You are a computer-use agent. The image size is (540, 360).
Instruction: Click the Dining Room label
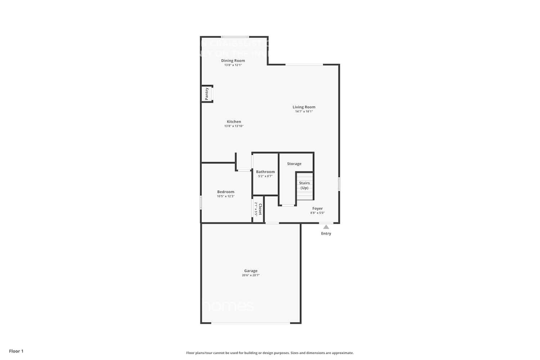pyautogui.click(x=233, y=60)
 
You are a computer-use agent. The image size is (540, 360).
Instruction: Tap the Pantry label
pyautogui.click(x=207, y=94)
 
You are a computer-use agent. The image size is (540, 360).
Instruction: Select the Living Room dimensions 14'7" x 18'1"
pyautogui.click(x=304, y=112)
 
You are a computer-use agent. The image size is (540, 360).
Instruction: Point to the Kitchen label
pyautogui.click(x=234, y=122)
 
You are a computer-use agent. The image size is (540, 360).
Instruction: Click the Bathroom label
pyautogui.click(x=265, y=172)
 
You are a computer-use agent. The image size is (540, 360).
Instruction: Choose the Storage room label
pyautogui.click(x=294, y=164)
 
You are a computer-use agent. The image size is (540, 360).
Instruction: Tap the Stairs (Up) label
pyautogui.click(x=304, y=185)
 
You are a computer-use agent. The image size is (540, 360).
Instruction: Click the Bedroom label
pyautogui.click(x=226, y=192)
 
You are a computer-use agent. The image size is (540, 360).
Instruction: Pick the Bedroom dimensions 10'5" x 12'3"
pyautogui.click(x=226, y=196)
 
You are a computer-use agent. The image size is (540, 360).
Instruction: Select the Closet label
pyautogui.click(x=260, y=209)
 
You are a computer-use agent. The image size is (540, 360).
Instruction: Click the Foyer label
pyautogui.click(x=318, y=208)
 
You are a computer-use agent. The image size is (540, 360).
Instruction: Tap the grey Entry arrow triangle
pyautogui.click(x=326, y=227)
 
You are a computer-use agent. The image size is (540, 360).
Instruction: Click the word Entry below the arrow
pyautogui.click(x=326, y=234)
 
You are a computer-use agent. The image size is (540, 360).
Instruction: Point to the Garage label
pyautogui.click(x=251, y=271)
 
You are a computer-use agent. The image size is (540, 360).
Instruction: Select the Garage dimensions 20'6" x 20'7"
pyautogui.click(x=251, y=275)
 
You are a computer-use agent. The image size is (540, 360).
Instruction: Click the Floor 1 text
pyautogui.click(x=16, y=351)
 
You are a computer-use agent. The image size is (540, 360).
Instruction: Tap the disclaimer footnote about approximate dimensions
pyautogui.click(x=270, y=353)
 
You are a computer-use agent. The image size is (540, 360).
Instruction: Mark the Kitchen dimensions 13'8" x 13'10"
pyautogui.click(x=234, y=126)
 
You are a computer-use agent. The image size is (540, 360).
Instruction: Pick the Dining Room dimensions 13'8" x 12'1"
pyautogui.click(x=233, y=65)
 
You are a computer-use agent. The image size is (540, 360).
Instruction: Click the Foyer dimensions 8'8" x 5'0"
pyautogui.click(x=318, y=213)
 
